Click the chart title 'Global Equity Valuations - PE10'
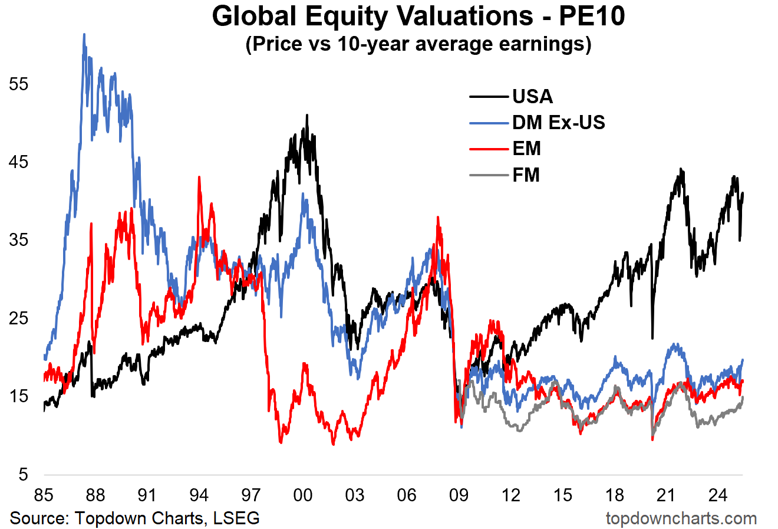(418, 17)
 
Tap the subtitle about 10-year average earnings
(418, 44)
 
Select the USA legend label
(532, 96)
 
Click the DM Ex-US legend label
(558, 122)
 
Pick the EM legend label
(526, 149)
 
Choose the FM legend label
(526, 175)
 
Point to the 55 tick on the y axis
(19, 84)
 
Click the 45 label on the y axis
(19, 162)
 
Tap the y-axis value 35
(19, 240)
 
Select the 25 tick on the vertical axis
(19, 318)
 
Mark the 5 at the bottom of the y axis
(23, 475)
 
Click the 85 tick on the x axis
(43, 495)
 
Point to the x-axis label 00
(303, 495)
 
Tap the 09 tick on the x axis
(459, 495)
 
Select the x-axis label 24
(718, 495)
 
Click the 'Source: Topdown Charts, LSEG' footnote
(135, 518)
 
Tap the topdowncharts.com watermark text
(681, 518)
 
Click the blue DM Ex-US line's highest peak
(84, 35)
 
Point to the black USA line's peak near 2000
(306, 116)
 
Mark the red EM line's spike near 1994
(199, 177)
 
